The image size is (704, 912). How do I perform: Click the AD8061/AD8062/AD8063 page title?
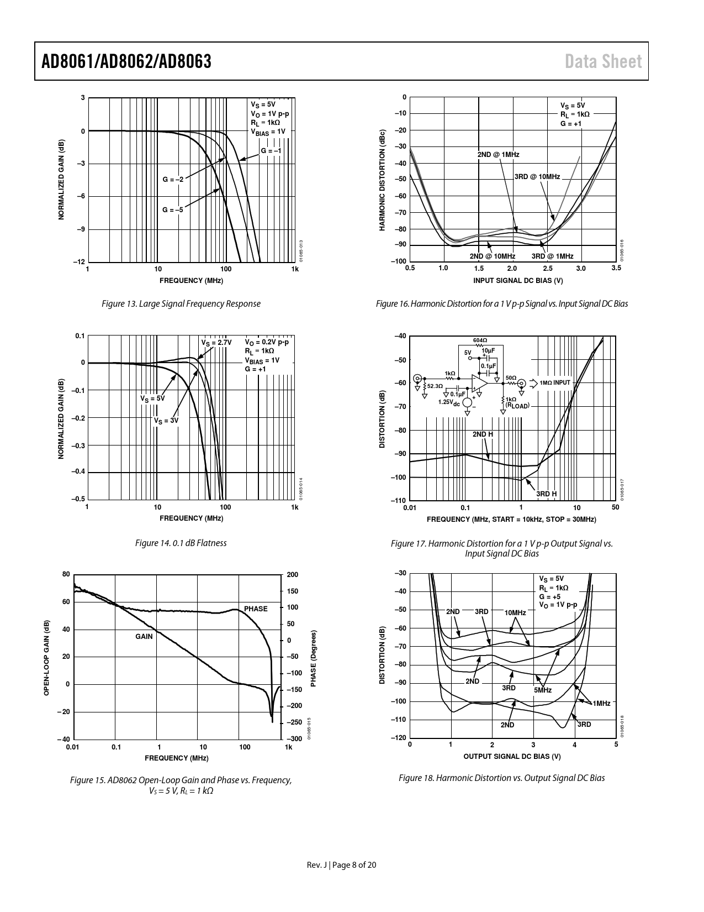point(126,61)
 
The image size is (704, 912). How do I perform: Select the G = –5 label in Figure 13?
point(172,210)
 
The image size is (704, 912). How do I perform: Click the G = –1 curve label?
point(271,151)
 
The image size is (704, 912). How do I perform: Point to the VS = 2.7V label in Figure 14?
point(216,343)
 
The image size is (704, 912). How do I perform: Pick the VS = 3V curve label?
point(166,421)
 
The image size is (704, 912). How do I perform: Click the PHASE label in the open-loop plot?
point(256,609)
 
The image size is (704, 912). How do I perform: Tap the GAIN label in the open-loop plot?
point(144,637)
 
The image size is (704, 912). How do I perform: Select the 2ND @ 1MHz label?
point(499,155)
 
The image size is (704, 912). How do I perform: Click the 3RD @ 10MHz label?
point(537,177)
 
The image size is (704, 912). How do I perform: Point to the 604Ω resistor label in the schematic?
point(480,340)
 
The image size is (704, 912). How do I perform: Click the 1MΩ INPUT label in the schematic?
point(555,382)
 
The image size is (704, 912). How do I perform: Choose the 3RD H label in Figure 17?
point(547,494)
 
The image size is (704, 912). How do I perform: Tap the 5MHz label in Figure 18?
point(543,690)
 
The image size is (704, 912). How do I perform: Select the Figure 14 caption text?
point(181,543)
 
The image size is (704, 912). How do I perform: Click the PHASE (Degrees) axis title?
point(313,658)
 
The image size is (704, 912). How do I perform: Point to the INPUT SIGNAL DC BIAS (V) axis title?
point(518,280)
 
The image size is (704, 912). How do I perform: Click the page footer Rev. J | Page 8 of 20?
point(342,865)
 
